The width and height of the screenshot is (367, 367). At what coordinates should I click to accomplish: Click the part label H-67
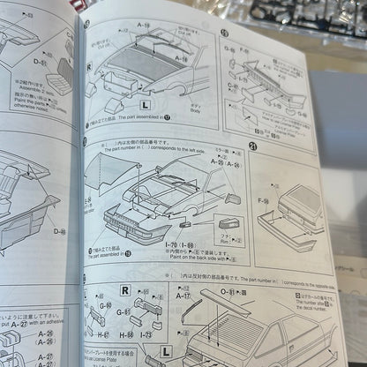[x=102, y=336]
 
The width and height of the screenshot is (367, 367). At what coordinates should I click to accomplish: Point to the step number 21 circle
[x=254, y=147]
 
